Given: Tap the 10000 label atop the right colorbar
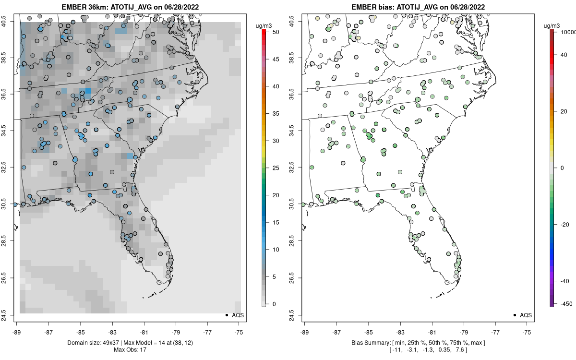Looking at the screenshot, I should [567, 32].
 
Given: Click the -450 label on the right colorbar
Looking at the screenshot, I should [564, 303].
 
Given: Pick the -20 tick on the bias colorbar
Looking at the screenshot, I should [564, 224].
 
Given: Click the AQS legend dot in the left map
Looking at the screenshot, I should [226, 315].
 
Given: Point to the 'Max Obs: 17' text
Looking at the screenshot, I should [130, 349].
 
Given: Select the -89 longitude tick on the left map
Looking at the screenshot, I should [17, 332].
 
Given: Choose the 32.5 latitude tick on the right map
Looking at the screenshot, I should [291, 167].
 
